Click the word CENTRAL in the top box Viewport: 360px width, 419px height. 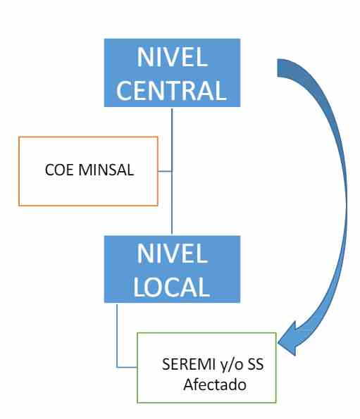(x=172, y=90)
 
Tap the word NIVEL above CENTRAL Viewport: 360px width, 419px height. (x=173, y=57)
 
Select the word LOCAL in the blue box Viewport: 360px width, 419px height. (x=172, y=287)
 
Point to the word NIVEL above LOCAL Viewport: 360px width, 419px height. (x=173, y=253)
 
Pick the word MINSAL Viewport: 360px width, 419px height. (x=106, y=170)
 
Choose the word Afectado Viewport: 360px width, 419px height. (x=215, y=384)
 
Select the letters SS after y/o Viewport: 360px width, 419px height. (x=256, y=364)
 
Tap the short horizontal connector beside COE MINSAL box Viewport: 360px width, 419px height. (x=165, y=171)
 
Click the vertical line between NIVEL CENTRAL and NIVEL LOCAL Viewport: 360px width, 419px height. (x=172, y=171)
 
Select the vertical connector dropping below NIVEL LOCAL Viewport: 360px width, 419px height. (x=117, y=335)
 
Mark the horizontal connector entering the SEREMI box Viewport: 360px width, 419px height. (x=127, y=367)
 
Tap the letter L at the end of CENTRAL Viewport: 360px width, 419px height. (x=221, y=90)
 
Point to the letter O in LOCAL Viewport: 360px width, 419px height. (x=155, y=287)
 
